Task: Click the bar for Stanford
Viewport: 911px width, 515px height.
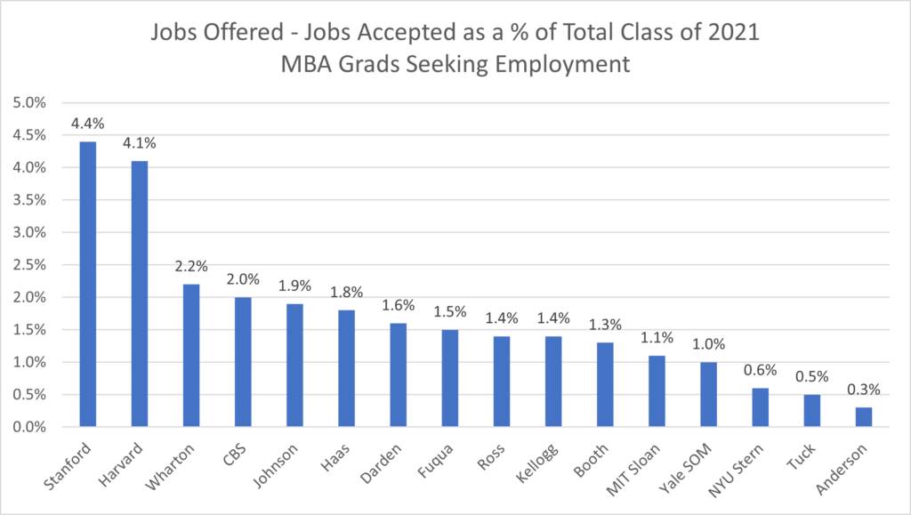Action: click(x=87, y=284)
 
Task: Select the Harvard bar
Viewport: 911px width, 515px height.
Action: click(x=139, y=294)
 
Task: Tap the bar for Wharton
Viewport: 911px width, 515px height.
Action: click(x=190, y=355)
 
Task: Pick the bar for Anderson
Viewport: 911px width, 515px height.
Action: click(x=864, y=417)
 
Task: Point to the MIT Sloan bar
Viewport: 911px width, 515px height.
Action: click(x=657, y=391)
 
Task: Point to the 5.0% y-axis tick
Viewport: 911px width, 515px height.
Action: click(x=30, y=102)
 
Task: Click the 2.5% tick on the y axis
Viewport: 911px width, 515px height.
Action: click(x=30, y=265)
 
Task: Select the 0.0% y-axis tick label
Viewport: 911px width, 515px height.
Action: click(x=30, y=427)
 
